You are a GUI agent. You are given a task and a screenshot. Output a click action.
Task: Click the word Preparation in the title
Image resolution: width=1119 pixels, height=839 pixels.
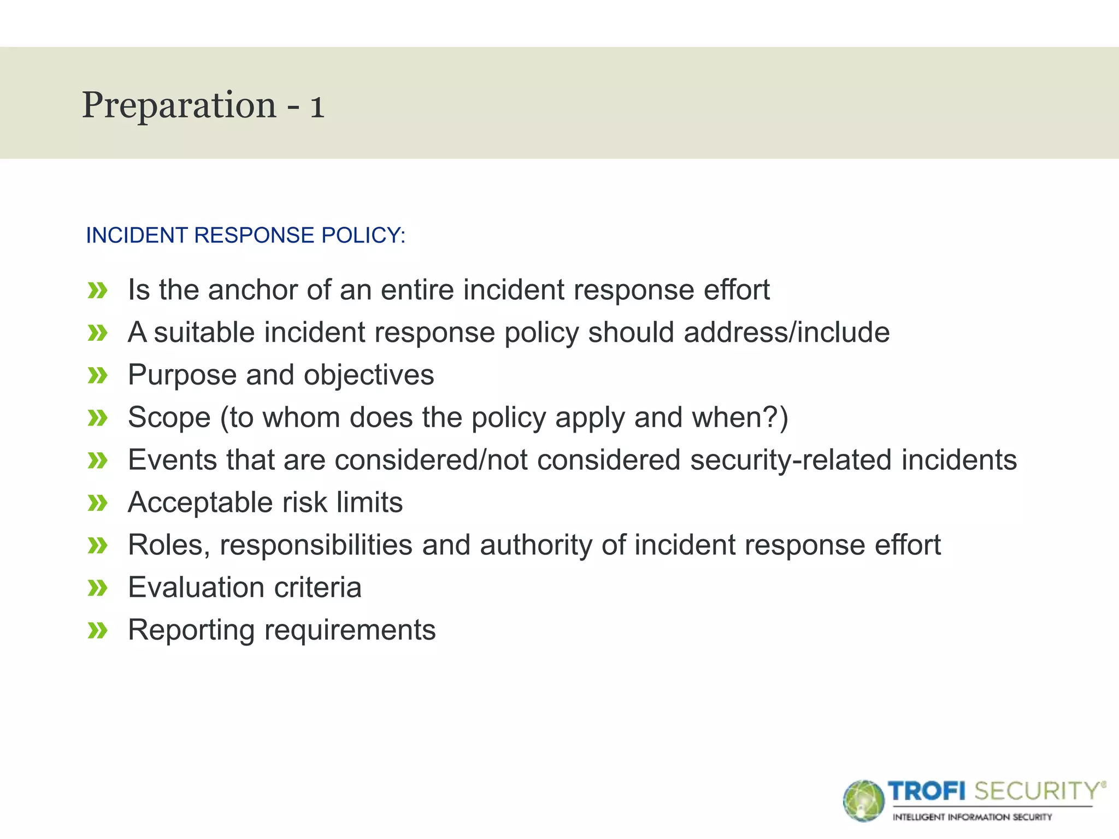click(179, 105)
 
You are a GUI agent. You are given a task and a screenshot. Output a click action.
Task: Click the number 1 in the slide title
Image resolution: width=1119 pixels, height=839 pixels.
click(317, 106)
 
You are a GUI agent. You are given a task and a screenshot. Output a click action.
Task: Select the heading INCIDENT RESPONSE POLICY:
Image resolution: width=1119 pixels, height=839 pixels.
click(245, 235)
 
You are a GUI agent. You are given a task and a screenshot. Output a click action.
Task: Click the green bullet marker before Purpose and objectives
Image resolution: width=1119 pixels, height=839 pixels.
click(97, 375)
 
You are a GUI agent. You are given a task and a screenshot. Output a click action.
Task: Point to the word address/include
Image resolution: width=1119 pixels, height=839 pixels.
click(786, 332)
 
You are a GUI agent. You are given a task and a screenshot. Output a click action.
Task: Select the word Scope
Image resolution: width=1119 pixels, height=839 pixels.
click(169, 418)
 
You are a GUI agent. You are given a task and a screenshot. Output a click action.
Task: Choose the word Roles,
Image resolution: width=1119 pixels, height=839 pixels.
click(169, 545)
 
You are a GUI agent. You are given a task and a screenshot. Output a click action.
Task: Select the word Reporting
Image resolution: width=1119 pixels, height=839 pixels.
click(191, 630)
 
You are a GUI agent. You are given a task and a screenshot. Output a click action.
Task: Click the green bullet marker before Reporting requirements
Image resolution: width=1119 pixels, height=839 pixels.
click(97, 630)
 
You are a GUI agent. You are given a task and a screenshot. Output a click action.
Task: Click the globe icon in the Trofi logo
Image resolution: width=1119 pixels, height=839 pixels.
click(863, 801)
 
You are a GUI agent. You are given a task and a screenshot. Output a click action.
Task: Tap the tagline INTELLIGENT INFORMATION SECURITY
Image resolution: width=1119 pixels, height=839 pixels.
click(972, 817)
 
